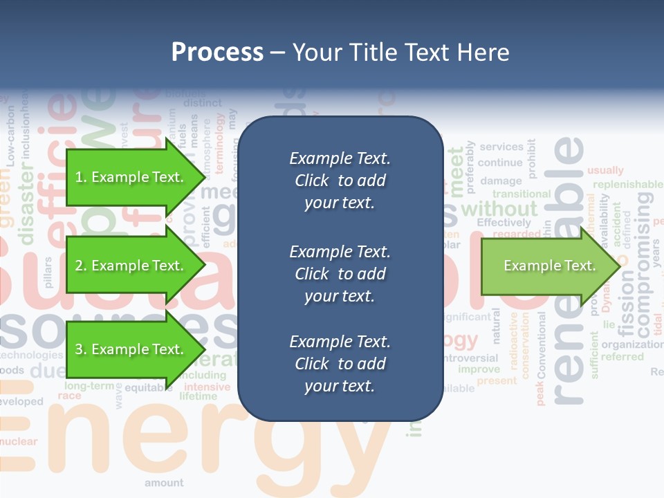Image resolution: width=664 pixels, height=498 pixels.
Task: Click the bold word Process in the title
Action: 217,53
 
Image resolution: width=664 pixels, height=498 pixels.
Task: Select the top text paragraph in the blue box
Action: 340,181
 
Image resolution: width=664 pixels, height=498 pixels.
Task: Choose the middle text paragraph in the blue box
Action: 340,273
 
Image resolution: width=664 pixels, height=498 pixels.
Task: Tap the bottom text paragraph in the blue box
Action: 340,364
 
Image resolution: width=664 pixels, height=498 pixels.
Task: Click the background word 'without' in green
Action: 499,208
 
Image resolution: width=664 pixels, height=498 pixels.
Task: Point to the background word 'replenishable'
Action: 627,185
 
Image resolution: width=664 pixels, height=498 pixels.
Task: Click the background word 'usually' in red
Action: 605,170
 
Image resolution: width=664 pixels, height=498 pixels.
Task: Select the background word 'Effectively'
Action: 504,223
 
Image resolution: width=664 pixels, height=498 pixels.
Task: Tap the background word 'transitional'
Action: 521,194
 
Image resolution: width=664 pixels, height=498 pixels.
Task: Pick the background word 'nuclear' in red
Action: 19,441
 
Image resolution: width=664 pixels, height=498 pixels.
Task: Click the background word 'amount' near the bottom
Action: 164,483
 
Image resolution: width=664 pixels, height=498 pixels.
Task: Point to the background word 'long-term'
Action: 90,385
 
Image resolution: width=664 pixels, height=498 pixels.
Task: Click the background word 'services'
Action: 501,147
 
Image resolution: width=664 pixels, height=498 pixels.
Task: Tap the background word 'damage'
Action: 501,181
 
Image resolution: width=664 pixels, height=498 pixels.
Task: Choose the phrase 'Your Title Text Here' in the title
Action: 400,53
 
